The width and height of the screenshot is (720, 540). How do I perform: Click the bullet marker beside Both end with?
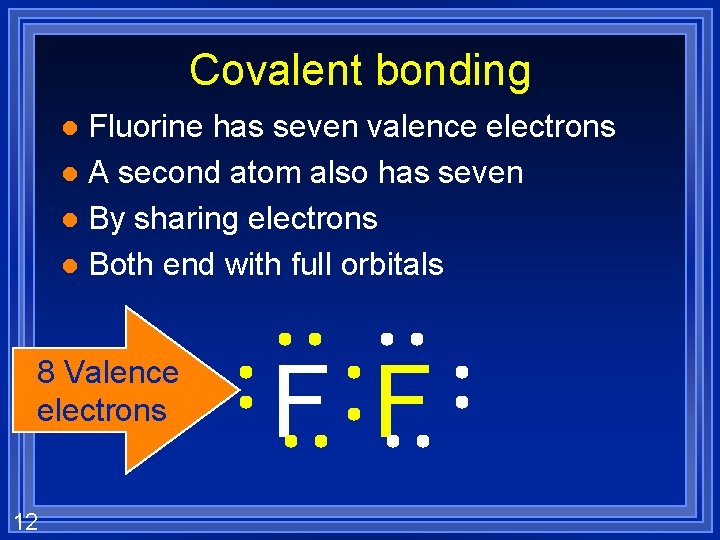pyautogui.click(x=67, y=266)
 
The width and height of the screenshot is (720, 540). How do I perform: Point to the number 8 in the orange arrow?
pyautogui.click(x=46, y=373)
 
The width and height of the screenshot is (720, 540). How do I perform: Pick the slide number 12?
pyautogui.click(x=26, y=521)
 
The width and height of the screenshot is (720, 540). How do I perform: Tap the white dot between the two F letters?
pyautogui.click(x=353, y=411)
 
